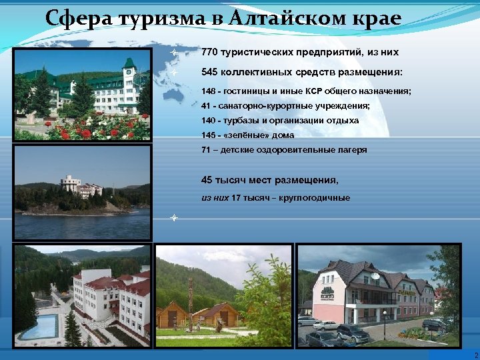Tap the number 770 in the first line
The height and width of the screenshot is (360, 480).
coord(209,52)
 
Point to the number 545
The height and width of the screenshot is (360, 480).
coord(209,72)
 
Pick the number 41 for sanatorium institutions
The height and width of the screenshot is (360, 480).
coord(206,105)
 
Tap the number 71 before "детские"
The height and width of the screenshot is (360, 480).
coord(206,150)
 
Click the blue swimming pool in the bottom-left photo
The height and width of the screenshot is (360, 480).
coord(39,327)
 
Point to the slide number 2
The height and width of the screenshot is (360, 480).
coord(475,355)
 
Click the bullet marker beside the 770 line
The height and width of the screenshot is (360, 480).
coord(173,52)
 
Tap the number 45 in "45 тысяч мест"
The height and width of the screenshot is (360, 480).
coord(207,180)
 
